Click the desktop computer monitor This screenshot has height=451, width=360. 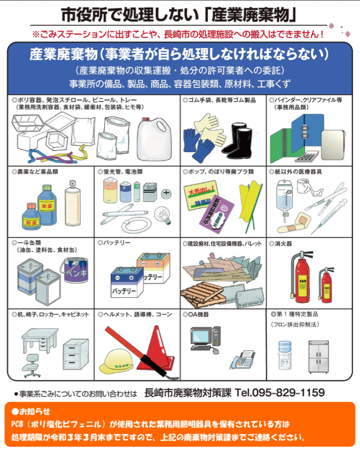[x=202, y=337]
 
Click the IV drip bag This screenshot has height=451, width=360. [x=284, y=194]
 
